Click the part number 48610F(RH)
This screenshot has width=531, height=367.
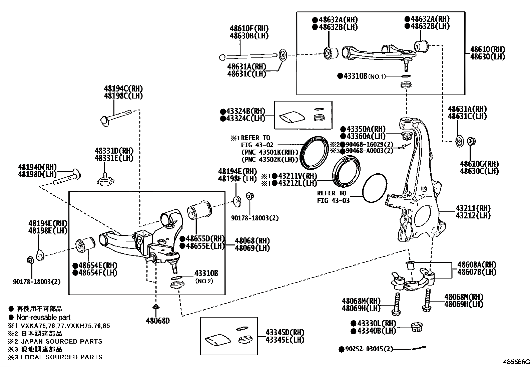click(249, 28)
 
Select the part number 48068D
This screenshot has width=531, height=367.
click(158, 321)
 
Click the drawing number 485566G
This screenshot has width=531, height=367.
click(516, 362)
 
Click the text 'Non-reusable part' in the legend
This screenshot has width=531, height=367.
click(43, 317)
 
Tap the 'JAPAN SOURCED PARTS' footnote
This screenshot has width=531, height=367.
click(62, 341)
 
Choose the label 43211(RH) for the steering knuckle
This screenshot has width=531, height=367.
click(473, 208)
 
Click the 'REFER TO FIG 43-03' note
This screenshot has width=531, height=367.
click(333, 197)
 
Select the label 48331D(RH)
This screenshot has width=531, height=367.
click(114, 151)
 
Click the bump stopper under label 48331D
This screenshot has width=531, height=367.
click(105, 179)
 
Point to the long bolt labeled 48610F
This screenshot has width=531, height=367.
click(248, 56)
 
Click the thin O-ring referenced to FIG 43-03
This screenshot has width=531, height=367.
click(374, 188)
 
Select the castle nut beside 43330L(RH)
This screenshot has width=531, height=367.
click(417, 327)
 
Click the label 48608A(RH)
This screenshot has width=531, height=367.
click(477, 264)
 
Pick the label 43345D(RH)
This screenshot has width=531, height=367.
click(285, 332)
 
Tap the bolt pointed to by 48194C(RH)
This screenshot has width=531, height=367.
click(116, 118)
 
